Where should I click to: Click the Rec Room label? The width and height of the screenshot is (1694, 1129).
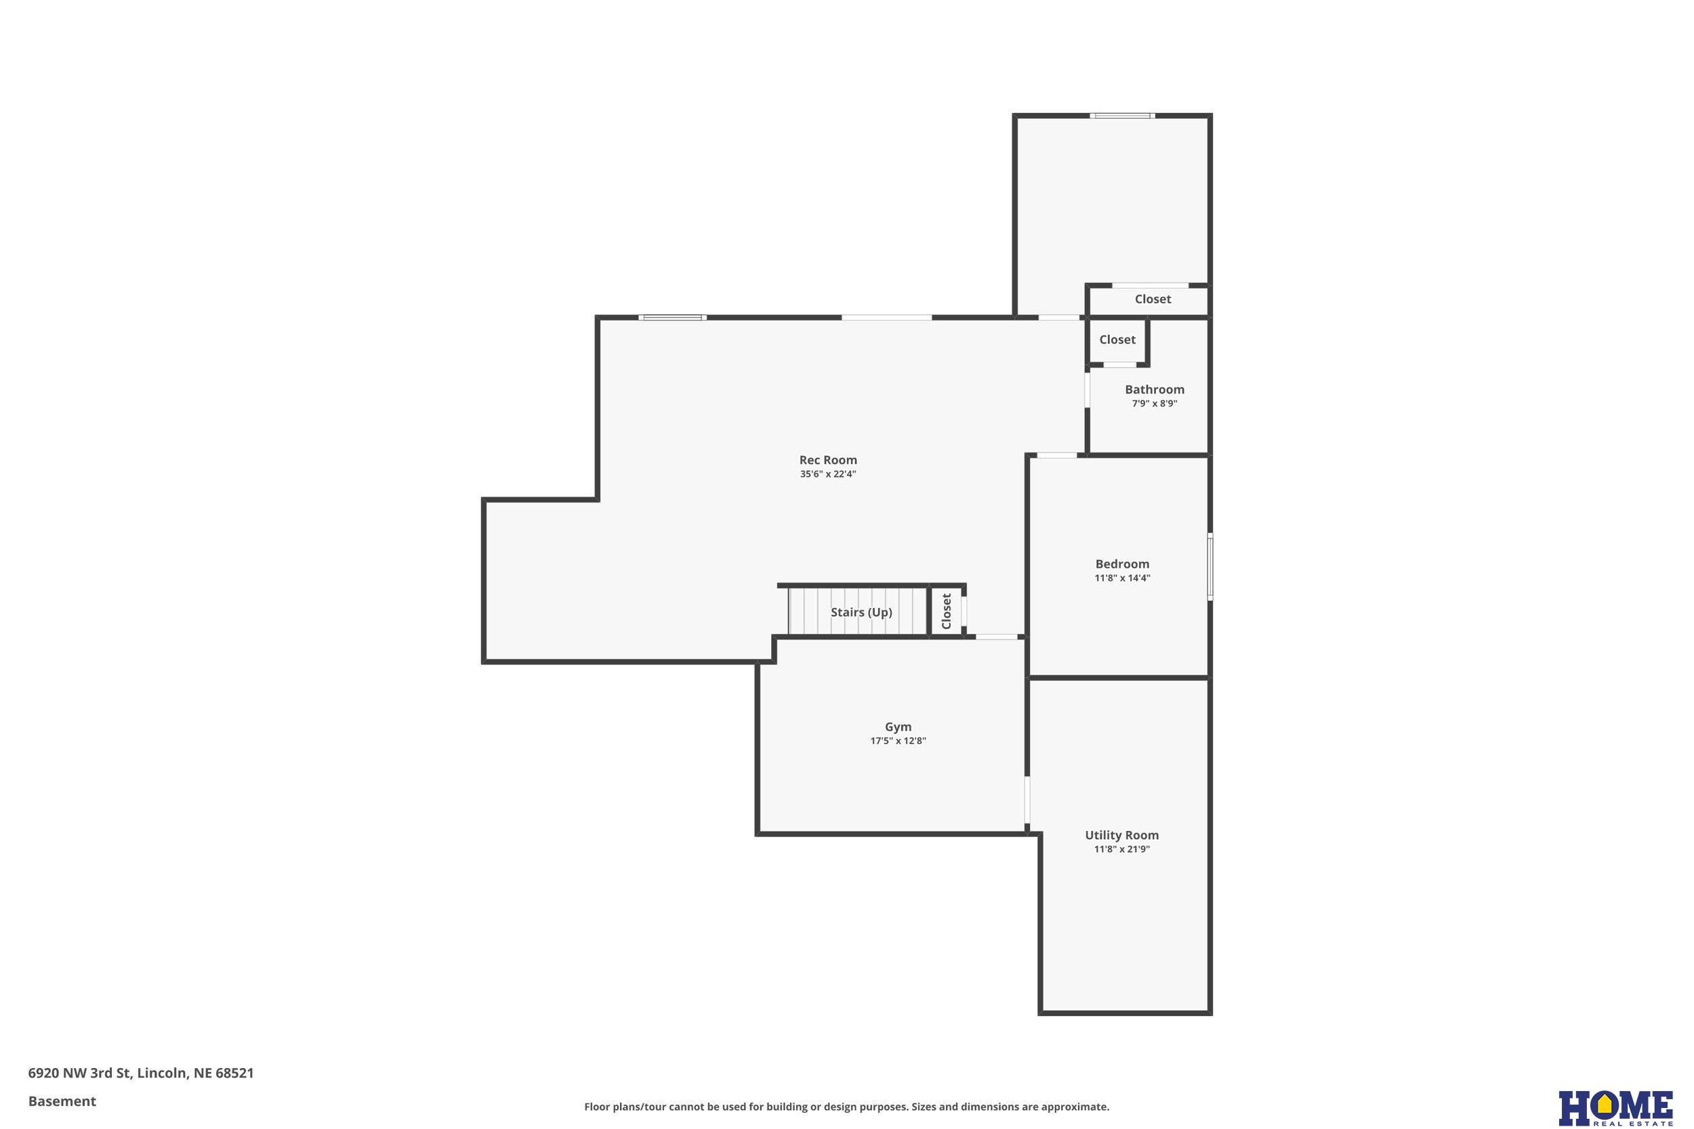[827, 460]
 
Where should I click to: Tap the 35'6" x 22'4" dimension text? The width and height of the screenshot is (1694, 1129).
[827, 474]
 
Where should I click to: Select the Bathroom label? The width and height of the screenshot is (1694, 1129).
[1155, 389]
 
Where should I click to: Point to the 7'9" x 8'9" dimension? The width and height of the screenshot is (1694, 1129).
[1155, 403]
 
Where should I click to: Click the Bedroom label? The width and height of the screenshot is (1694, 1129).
[1122, 565]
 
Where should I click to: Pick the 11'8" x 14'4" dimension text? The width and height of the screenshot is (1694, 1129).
[1122, 578]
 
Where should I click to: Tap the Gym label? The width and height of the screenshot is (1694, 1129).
[898, 727]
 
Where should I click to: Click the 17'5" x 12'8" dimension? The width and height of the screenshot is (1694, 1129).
[898, 741]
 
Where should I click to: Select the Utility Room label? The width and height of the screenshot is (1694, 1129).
[1122, 835]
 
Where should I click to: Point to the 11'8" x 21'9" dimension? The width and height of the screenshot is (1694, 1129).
[1122, 849]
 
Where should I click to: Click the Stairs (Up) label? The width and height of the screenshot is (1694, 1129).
[861, 613]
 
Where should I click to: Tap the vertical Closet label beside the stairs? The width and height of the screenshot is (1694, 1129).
[947, 612]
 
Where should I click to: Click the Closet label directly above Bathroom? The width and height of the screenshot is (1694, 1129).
[1117, 340]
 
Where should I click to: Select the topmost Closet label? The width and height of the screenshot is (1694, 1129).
[1153, 299]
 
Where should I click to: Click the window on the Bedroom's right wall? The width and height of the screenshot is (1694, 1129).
[1210, 567]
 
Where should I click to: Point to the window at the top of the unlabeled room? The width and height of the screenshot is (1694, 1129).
[1122, 116]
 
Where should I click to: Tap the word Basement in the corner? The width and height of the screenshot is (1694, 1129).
[62, 1101]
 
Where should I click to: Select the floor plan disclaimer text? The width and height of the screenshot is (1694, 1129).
[846, 1107]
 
